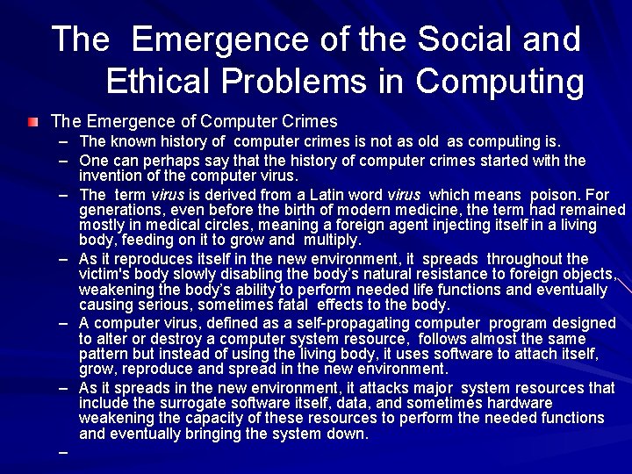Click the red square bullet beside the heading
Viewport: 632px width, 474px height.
click(33, 121)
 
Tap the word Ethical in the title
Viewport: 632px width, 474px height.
click(160, 81)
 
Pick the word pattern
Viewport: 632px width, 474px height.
click(104, 355)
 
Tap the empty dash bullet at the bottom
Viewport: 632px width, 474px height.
click(63, 454)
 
